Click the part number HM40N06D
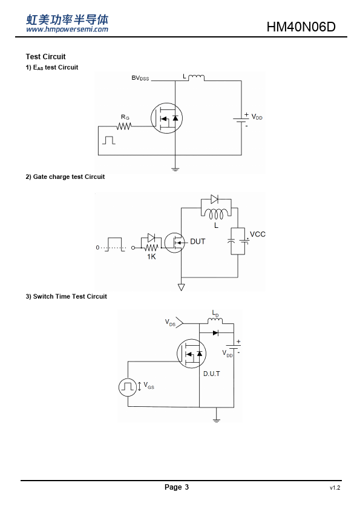point(301,27)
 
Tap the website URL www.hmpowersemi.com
point(67,30)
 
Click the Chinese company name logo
point(67,19)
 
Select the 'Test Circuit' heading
point(46,57)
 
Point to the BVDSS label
point(140,78)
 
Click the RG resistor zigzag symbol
point(124,126)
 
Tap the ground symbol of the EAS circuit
point(175,169)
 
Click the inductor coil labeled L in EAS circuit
point(196,77)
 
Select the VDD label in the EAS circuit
point(257,117)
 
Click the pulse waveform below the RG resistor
point(108,140)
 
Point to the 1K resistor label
point(151,256)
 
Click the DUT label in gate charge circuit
point(197,242)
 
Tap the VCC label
point(258,234)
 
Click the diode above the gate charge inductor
point(214,199)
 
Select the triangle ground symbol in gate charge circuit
point(182,287)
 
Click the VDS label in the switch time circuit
point(170,322)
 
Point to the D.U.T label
point(212,374)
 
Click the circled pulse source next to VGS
point(128,387)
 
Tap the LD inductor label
point(215,313)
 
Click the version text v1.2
point(335,488)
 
